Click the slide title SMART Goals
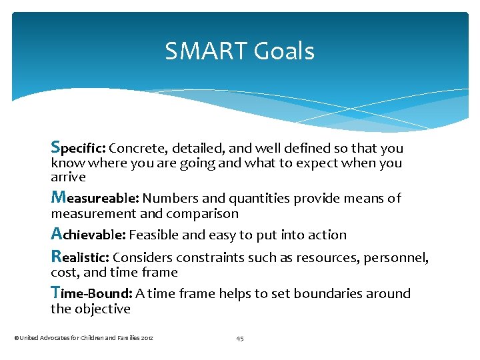tap(240, 51)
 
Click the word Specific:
tap(78, 147)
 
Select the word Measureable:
tap(95, 197)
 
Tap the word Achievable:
tap(88, 235)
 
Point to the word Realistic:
tap(80, 257)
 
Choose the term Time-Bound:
tap(91, 293)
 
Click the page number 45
tap(240, 338)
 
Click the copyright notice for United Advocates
tap(84, 338)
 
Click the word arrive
tap(68, 177)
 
